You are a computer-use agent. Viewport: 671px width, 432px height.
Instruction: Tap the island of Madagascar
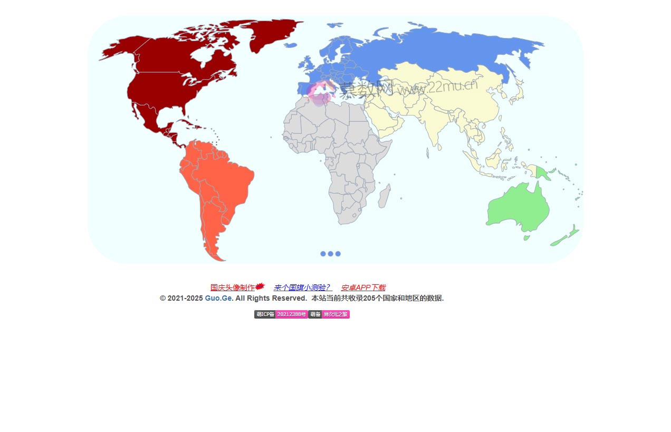384,196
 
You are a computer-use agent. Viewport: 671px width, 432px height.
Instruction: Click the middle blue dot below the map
330,254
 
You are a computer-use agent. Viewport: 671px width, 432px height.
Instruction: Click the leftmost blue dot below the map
323,254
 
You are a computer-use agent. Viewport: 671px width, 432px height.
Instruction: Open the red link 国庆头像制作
232,287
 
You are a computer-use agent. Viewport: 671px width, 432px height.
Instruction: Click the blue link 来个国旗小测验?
302,287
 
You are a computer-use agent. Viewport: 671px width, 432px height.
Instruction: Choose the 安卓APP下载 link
363,287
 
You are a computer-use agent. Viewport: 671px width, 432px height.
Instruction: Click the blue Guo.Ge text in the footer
218,298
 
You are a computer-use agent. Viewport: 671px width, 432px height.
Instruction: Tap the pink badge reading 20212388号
291,314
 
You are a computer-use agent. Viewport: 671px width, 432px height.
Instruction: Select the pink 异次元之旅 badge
335,314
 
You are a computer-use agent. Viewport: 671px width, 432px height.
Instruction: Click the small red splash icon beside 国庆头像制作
260,286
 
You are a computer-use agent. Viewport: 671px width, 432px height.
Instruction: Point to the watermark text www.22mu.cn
438,87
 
